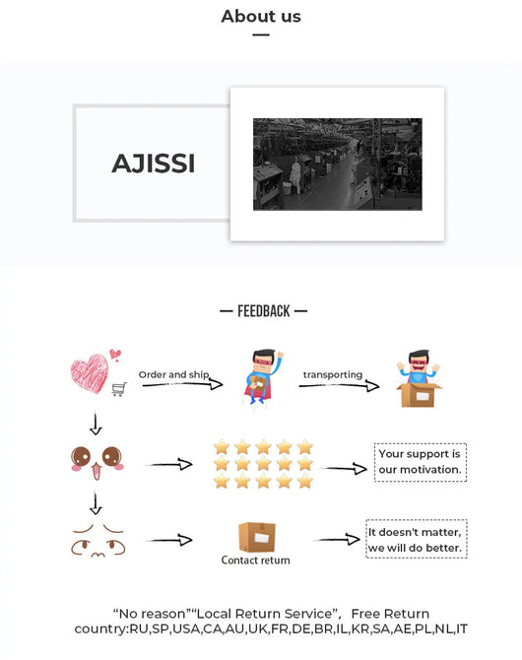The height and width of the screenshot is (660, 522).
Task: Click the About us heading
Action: (261, 17)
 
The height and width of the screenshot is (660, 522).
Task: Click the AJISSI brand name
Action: (154, 164)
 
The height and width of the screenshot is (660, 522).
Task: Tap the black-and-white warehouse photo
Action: (337, 165)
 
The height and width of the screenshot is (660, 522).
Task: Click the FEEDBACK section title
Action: (264, 311)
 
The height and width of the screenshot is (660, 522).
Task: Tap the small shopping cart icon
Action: (119, 389)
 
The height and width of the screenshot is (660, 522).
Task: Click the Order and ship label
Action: (173, 374)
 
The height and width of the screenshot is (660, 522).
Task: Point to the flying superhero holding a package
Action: (262, 376)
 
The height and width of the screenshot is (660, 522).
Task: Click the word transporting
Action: (333, 374)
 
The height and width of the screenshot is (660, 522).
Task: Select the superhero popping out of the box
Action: (419, 378)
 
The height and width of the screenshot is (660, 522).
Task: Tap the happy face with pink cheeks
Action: (98, 462)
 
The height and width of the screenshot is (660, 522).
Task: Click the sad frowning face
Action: (98, 541)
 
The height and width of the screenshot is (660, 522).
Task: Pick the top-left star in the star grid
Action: (222, 446)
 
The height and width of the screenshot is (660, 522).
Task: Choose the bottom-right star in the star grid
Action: (304, 481)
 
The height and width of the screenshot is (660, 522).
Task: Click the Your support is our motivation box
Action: (421, 462)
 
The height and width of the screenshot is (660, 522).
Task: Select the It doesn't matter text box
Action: (417, 540)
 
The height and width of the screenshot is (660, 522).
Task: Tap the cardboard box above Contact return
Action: (257, 537)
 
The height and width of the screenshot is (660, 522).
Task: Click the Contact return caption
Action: (255, 561)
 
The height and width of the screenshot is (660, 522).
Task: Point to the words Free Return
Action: (390, 614)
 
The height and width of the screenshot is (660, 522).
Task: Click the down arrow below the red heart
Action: (96, 424)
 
